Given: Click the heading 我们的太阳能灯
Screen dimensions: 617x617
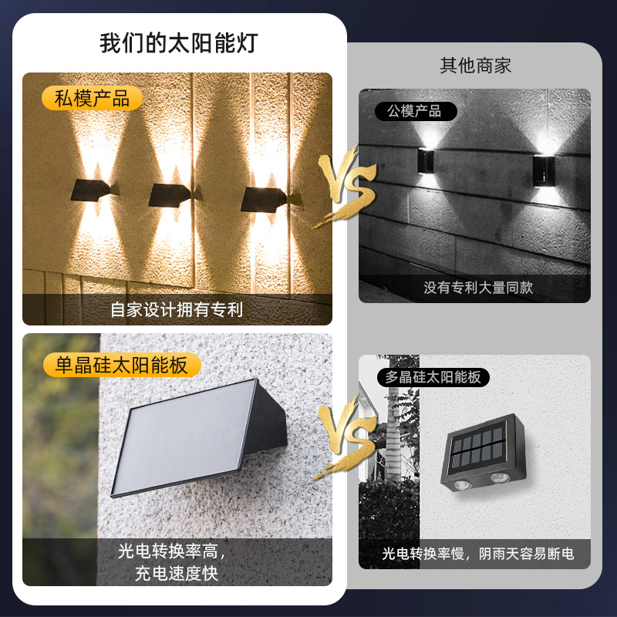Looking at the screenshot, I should [x=178, y=43].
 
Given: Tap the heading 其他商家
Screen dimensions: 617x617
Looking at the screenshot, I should [x=475, y=66].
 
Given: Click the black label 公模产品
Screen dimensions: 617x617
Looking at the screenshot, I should [x=414, y=111].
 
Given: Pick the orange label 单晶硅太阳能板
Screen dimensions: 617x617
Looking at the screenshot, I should [x=121, y=364].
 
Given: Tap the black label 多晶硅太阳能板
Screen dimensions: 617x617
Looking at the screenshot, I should [x=433, y=377].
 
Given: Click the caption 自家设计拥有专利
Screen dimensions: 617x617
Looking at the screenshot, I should [x=177, y=310].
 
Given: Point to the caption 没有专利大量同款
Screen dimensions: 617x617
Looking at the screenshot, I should [x=478, y=288].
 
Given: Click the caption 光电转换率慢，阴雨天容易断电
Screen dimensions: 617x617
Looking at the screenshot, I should [x=478, y=554].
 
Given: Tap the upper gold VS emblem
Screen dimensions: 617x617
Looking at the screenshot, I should [x=345, y=186].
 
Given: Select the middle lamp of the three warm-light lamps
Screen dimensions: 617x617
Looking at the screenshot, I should [x=170, y=194].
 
